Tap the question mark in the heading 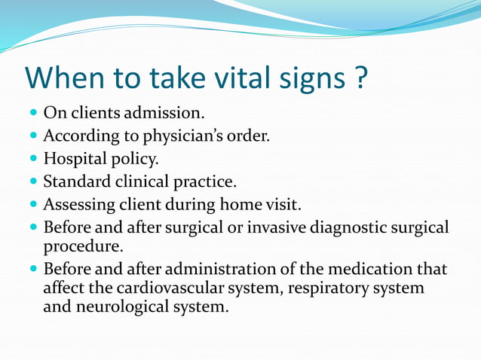[x=359, y=78]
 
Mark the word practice [x=204, y=182]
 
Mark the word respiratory [x=332, y=288]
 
